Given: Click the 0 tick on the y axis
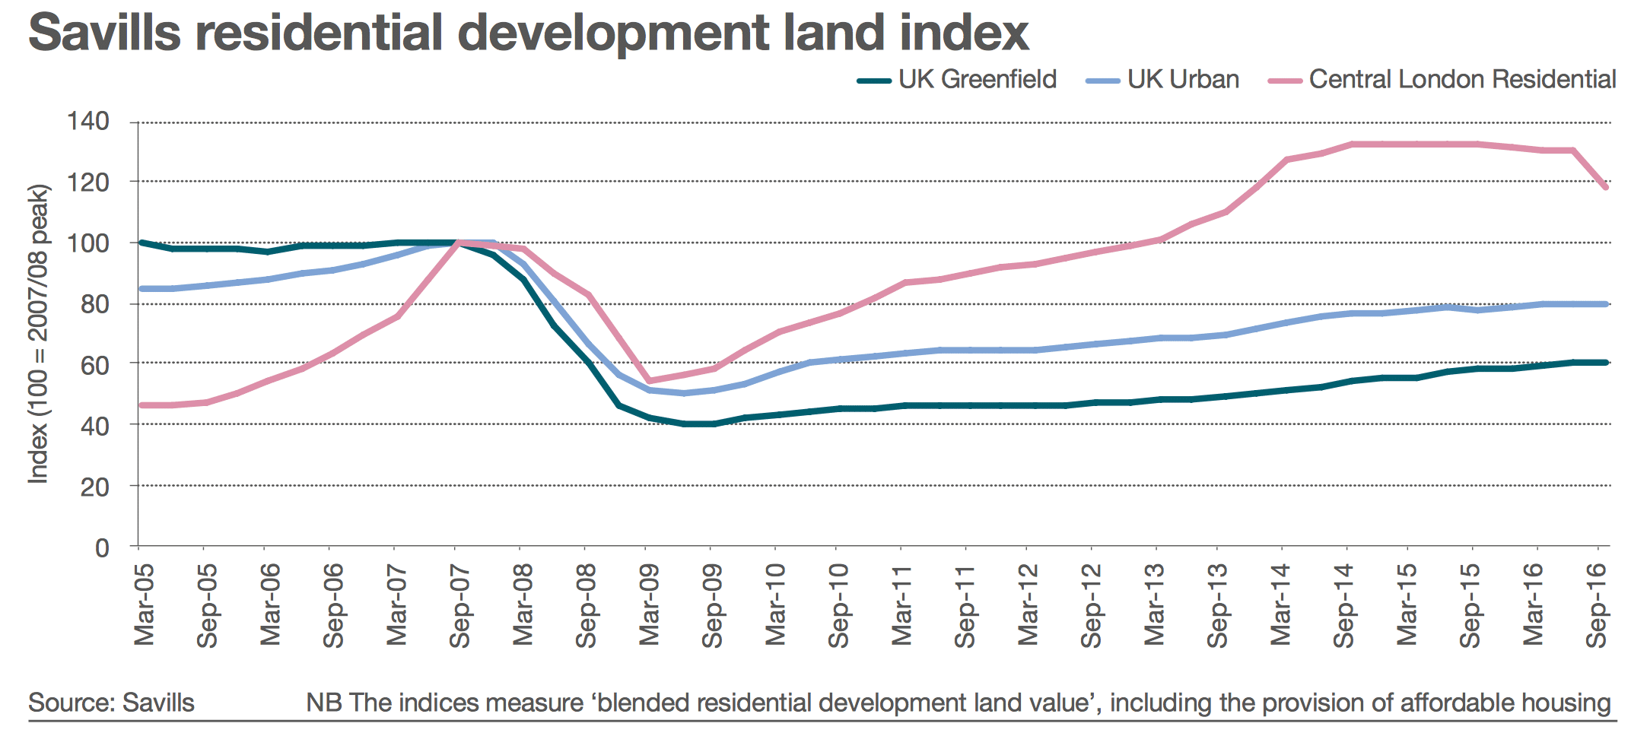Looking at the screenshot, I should pos(102,547).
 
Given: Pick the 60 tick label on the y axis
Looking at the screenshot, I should pos(95,365).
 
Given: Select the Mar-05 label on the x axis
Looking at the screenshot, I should pos(144,604).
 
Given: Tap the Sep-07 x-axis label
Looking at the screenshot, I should pos(459,605).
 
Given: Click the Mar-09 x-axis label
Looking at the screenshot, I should pos(649,604).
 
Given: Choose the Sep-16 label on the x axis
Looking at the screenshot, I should pos(1598,605).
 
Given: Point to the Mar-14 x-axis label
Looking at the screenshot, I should pos(1282,604).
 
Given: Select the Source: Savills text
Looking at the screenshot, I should pos(111,703).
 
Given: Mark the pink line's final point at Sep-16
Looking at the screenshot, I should pos(1606,186).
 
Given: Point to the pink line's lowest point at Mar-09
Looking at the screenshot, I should pos(647,381).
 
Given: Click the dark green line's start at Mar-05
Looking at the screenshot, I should pos(141,243).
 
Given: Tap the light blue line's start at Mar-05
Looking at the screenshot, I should pos(141,289).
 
